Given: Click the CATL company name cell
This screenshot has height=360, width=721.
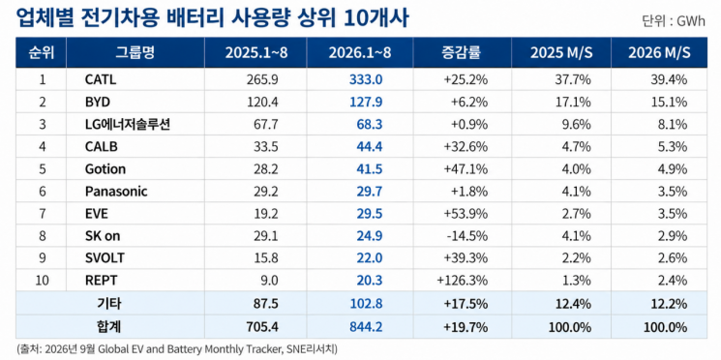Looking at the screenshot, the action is tap(101, 80).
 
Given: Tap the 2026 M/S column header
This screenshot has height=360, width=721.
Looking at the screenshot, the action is tap(659, 52).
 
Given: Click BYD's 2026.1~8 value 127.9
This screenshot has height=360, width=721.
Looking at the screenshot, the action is tap(369, 102).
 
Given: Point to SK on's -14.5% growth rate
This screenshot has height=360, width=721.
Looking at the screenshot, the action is tap(466, 236).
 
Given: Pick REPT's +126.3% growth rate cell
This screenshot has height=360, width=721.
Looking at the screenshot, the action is tap(463, 280).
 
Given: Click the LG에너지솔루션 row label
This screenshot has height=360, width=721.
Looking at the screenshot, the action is tap(128, 124).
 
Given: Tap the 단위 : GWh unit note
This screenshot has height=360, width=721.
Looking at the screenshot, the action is tap(674, 21).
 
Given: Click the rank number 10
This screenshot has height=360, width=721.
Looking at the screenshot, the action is tap(43, 280).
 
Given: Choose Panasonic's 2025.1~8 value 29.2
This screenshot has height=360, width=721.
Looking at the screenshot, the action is tap(267, 192).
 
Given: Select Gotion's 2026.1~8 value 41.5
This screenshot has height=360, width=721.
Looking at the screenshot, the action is tap(370, 168).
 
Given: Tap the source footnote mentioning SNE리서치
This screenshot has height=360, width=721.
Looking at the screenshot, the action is tap(177, 349).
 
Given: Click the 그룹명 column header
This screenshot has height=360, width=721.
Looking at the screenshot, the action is tap(135, 52).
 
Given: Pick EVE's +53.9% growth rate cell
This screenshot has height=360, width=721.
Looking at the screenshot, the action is tap(466, 213).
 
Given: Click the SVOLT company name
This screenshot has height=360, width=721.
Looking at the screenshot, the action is tap(105, 258).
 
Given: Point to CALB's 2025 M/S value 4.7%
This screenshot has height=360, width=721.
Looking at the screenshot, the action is tap(576, 147).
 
